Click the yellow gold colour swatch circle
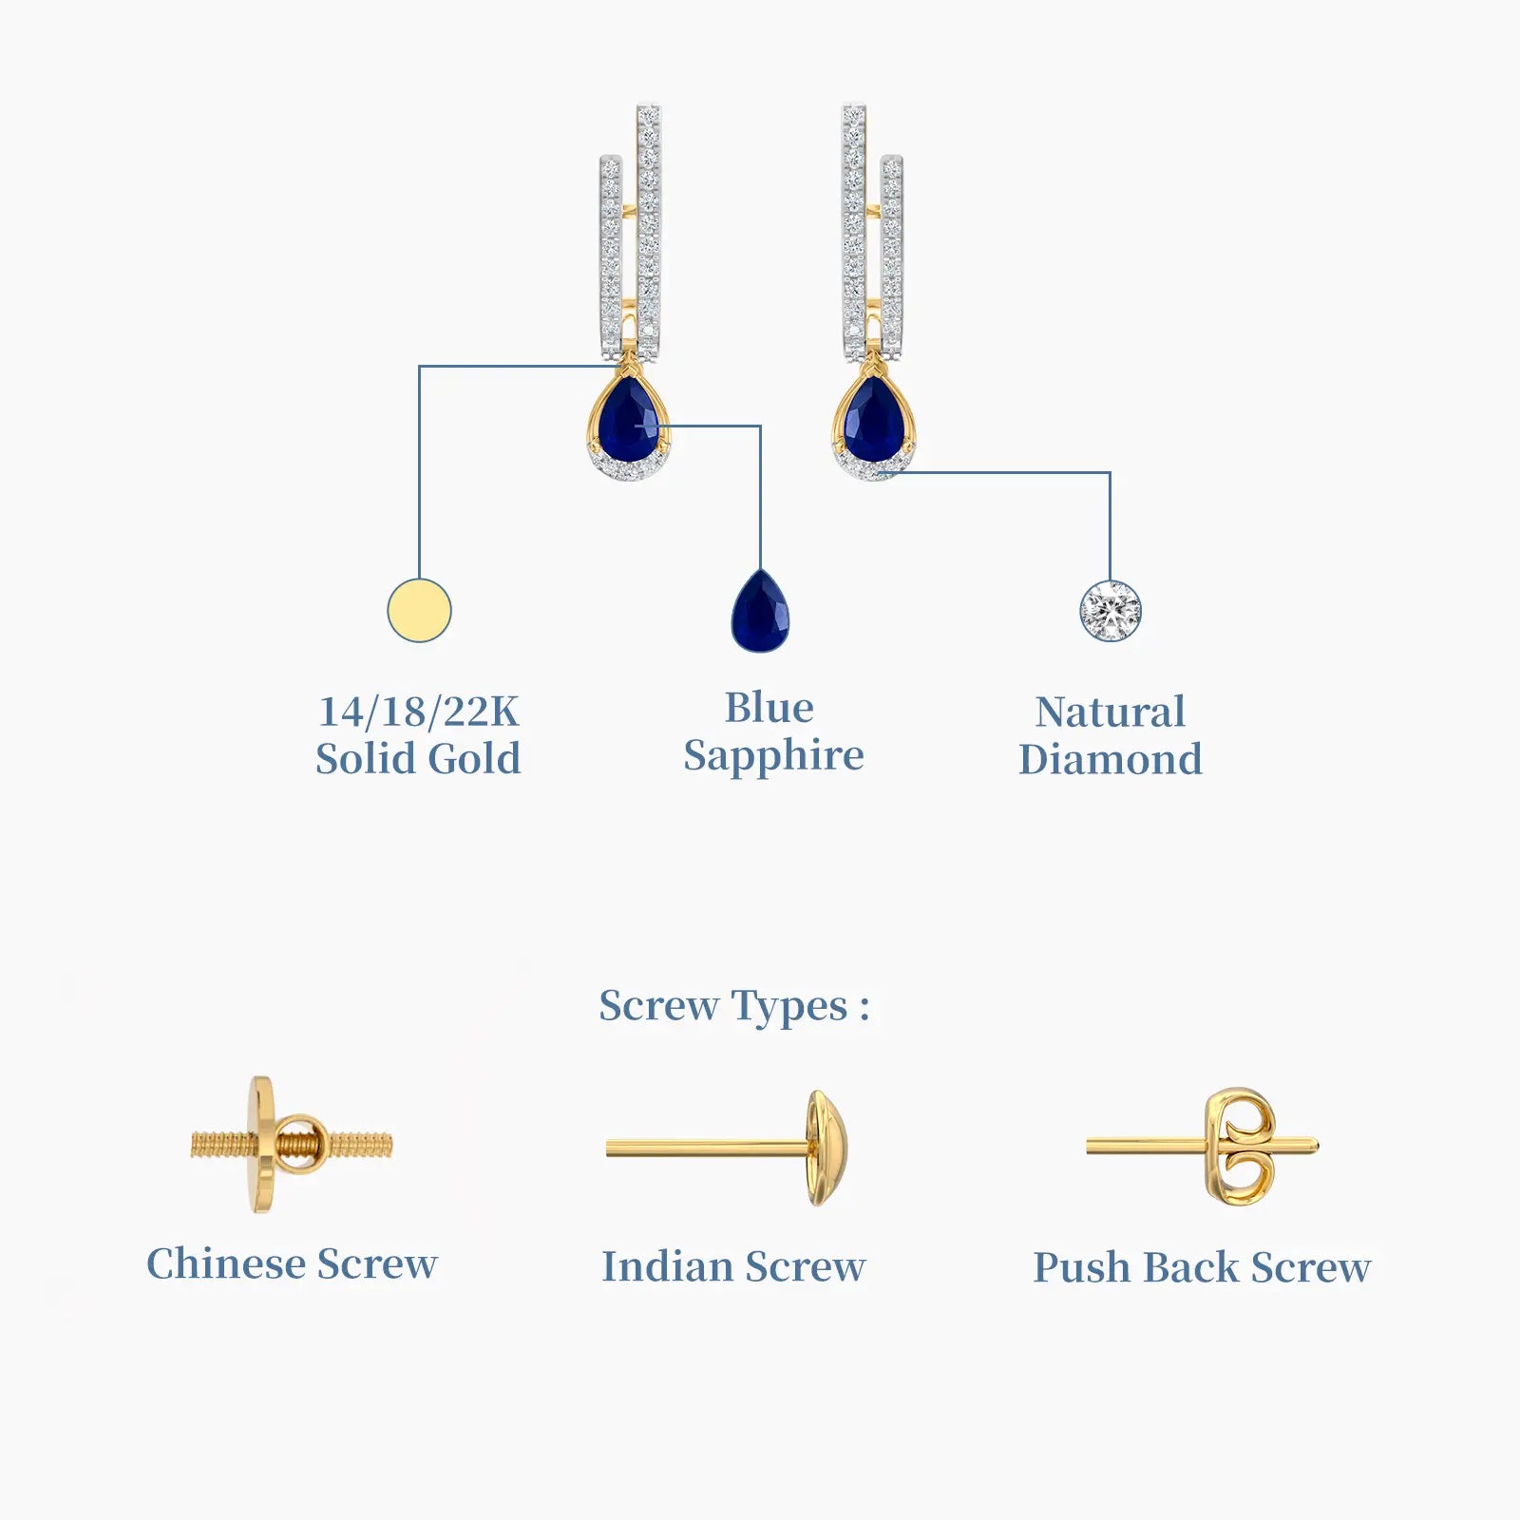[x=419, y=610]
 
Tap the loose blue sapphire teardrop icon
[x=760, y=611]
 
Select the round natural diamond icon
[x=1111, y=611]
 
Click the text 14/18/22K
[x=419, y=712]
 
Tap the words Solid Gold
[x=418, y=759]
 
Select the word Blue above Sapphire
[x=769, y=708]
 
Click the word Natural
[x=1111, y=712]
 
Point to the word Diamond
[x=1111, y=759]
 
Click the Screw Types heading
[x=734, y=1006]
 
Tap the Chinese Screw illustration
[x=292, y=1145]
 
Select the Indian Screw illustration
[x=727, y=1148]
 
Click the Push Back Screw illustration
[x=1203, y=1147]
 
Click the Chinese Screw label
[x=292, y=1263]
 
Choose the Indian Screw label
[x=733, y=1266]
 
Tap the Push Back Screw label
[x=1202, y=1267]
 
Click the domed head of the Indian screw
[x=826, y=1148]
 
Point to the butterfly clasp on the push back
[x=1238, y=1147]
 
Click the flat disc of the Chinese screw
[x=261, y=1145]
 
